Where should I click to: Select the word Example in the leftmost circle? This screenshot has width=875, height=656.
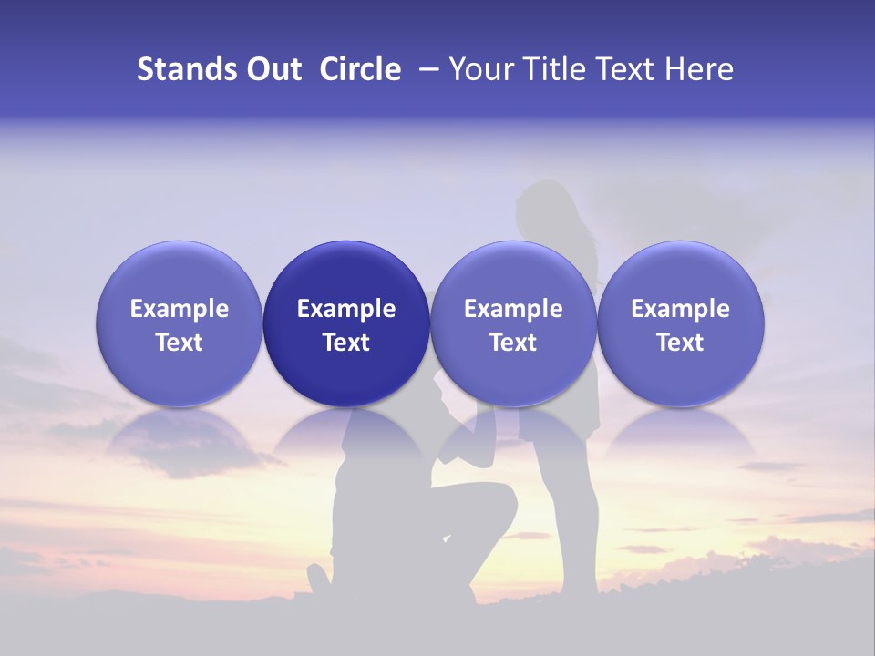[x=180, y=309]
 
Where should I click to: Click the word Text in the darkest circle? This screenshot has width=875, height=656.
[x=346, y=343]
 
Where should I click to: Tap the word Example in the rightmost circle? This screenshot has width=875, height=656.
[x=681, y=309]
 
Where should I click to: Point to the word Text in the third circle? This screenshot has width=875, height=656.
[x=513, y=343]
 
